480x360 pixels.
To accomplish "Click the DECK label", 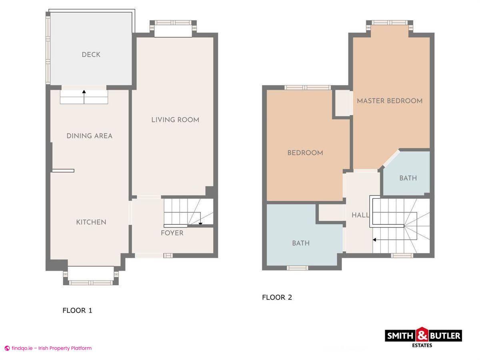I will click(91, 55).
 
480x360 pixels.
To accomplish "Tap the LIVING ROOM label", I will click(175, 120).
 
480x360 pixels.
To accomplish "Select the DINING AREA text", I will click(89, 136).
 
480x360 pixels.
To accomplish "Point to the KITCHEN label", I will click(91, 222).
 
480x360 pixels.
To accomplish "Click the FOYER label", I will click(172, 233).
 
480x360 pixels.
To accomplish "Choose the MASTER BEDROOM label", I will click(390, 101).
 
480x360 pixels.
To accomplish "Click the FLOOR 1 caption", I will click(77, 310).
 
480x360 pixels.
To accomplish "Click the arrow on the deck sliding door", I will click(84, 92).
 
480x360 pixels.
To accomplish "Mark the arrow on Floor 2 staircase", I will click(375, 240).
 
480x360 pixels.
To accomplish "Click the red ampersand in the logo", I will click(422, 335).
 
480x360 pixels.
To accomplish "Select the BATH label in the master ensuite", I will click(408, 178).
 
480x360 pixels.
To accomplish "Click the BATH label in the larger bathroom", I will click(300, 243).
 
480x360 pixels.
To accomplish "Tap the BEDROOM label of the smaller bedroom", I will click(305, 153).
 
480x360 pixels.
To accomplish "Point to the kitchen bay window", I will click(91, 276).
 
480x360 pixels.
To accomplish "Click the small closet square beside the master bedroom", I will click(342, 103).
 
